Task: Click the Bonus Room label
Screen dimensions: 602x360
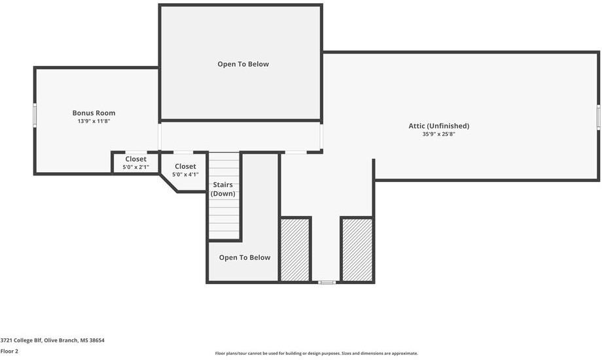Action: [94, 113]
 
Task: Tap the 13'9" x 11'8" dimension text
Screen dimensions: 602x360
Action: [94, 121]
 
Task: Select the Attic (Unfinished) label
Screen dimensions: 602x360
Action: [439, 126]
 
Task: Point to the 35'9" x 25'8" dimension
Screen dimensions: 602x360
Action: [439, 134]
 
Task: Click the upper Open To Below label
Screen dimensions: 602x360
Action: [243, 64]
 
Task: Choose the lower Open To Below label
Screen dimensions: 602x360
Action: [245, 257]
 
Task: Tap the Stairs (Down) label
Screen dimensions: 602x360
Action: [222, 189]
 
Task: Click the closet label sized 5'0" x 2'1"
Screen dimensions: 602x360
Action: [135, 163]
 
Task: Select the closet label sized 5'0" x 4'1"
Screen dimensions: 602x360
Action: [185, 170]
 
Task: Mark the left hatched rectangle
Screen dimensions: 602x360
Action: [295, 250]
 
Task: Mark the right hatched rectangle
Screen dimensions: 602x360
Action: [357, 250]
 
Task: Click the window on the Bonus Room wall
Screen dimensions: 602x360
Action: [35, 114]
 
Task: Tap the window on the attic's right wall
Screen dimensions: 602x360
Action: [599, 117]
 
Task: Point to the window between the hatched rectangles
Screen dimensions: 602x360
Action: [327, 282]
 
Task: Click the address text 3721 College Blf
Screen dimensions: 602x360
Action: [22, 340]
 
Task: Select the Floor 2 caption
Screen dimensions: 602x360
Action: [9, 351]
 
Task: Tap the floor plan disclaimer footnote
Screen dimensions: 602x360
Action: [316, 353]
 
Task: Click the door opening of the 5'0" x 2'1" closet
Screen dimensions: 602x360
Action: [136, 152]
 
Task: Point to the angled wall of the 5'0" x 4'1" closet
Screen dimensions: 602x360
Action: [169, 183]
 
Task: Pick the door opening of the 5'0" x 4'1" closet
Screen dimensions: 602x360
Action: [183, 152]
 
